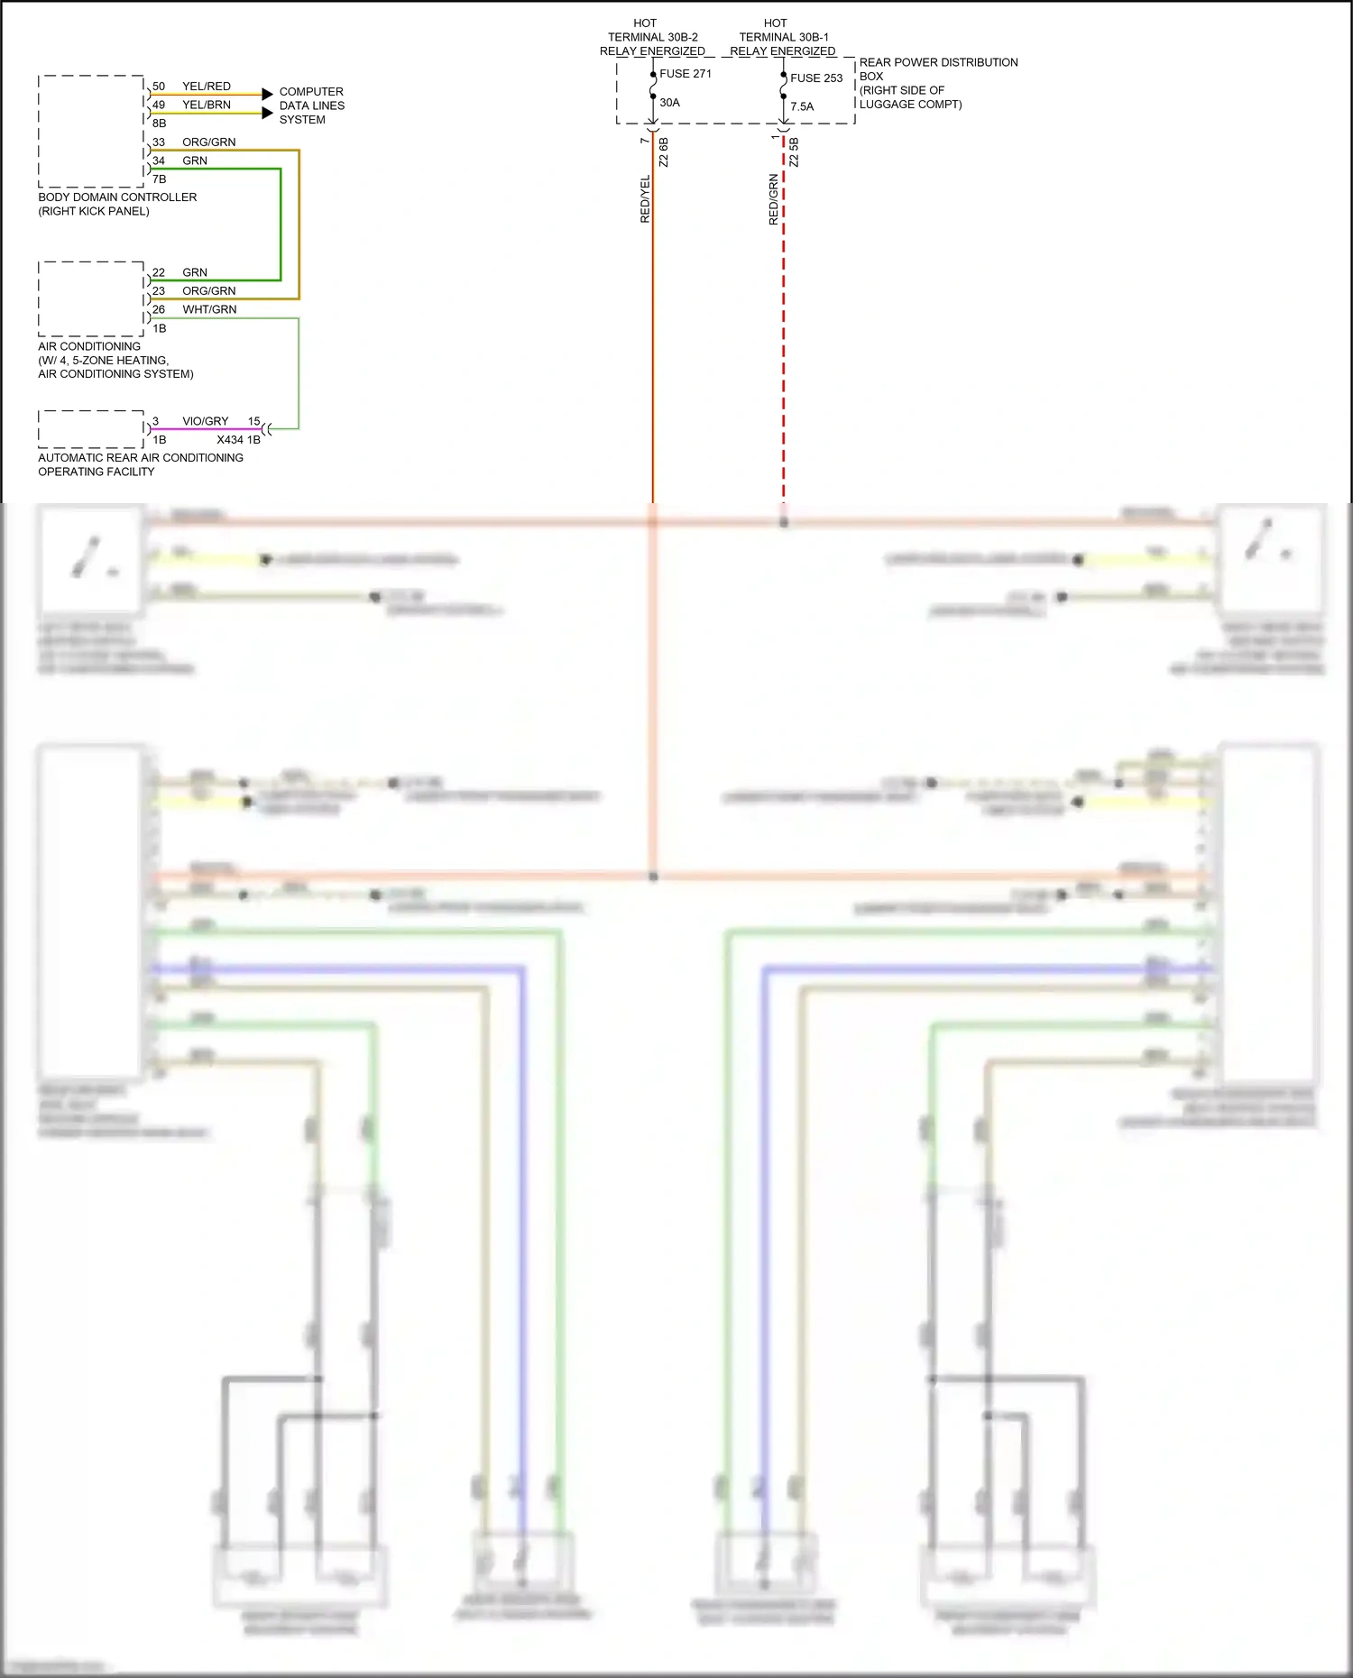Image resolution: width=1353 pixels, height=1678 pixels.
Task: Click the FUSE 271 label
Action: (x=685, y=74)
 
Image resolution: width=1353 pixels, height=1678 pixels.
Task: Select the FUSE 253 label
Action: (x=815, y=78)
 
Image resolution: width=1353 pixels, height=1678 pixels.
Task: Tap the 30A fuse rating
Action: (x=669, y=103)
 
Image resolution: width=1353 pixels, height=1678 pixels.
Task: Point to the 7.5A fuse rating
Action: (x=801, y=106)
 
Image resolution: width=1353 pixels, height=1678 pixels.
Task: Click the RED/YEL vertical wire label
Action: (x=645, y=199)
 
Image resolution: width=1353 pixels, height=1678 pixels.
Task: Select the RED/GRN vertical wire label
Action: (x=774, y=199)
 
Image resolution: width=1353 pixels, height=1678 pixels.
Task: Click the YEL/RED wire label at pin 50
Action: (x=207, y=87)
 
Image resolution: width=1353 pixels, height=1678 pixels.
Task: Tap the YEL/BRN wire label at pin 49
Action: (x=207, y=105)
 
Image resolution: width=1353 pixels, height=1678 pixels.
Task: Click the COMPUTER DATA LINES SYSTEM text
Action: (x=311, y=105)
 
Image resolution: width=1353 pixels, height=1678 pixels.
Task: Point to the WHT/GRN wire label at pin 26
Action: (x=209, y=309)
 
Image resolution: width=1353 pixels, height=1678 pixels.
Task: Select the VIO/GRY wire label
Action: (x=206, y=421)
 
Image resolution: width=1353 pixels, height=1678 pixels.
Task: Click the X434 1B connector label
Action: (x=238, y=440)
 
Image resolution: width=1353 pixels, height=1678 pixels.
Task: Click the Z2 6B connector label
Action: (x=664, y=151)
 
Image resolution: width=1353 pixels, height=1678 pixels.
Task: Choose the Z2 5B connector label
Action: (x=794, y=151)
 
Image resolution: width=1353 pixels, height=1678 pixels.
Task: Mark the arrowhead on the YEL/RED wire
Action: (x=267, y=94)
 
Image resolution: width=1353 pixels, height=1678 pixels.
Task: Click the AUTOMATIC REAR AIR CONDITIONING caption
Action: (x=140, y=464)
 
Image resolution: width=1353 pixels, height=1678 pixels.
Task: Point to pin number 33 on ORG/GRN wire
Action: (x=159, y=142)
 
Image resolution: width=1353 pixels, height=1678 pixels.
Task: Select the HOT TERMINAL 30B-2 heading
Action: (x=652, y=37)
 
